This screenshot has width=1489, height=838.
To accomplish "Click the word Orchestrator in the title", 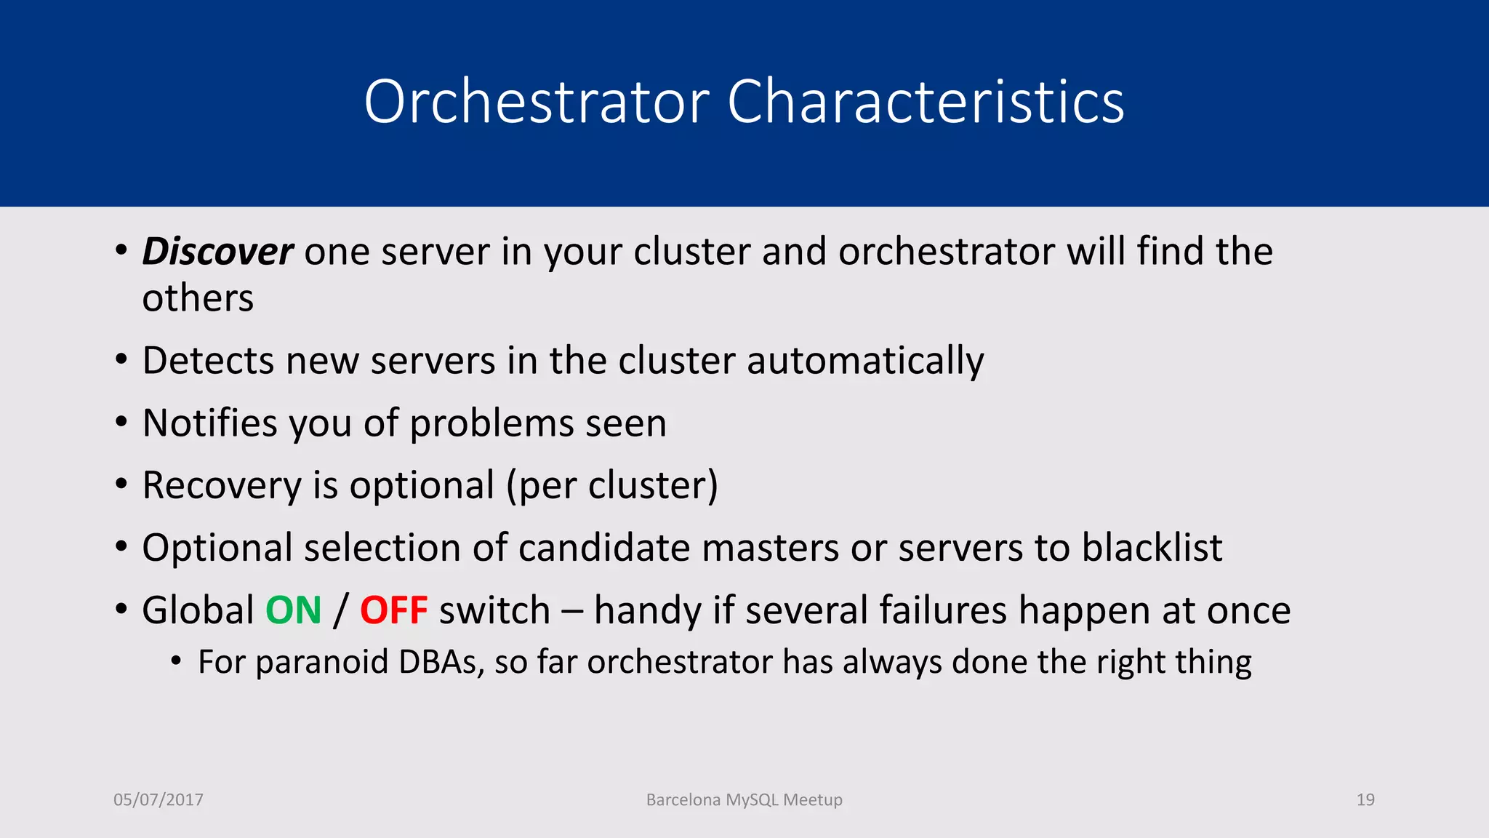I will [537, 102].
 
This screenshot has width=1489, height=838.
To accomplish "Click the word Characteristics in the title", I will [926, 102].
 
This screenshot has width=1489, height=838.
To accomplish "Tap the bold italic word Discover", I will [217, 252].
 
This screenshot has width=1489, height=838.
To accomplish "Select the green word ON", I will [293, 610].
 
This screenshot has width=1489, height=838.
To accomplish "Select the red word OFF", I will [393, 610].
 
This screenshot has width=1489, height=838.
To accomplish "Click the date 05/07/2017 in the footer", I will [158, 799].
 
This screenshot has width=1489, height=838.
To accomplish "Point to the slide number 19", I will [1365, 799].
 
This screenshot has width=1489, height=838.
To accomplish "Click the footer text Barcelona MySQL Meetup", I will [744, 799].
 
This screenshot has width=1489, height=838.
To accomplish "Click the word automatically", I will [865, 362].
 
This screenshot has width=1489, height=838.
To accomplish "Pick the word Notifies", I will [209, 423].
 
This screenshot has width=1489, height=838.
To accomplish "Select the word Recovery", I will [222, 486].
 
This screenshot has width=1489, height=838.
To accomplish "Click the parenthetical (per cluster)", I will [612, 486].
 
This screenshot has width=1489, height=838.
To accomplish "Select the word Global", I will [198, 610].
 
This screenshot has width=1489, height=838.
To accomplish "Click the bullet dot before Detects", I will [121, 360].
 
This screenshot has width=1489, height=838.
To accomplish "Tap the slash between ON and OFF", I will [340, 610].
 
